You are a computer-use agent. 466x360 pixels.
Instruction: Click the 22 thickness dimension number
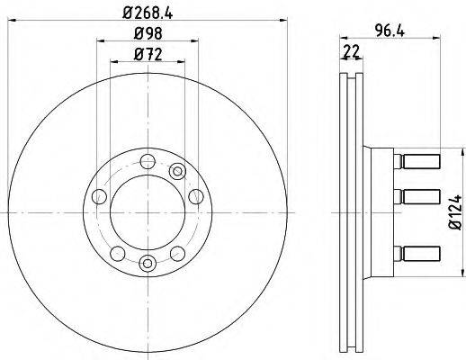pyautogui.click(x=350, y=52)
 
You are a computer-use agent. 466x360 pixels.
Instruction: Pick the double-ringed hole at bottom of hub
pyautogui.click(x=147, y=263)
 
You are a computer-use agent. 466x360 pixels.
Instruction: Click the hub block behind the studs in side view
pyautogui.click(x=381, y=211)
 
